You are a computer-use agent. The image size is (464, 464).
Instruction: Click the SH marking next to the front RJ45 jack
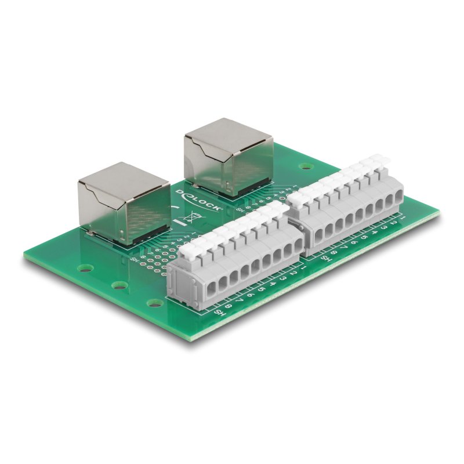coord(135,259)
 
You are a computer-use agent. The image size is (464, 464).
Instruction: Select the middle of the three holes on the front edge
coord(120,285)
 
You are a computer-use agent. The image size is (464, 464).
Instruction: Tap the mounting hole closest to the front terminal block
coord(154,302)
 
